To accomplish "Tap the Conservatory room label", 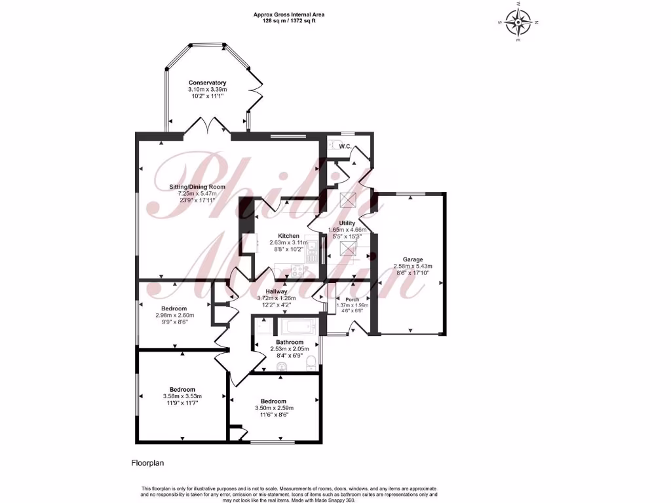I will [x=207, y=83].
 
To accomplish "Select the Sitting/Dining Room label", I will [x=202, y=187].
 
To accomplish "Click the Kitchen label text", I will [x=288, y=236].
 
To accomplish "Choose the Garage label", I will [x=413, y=259].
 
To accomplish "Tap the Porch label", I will [x=353, y=299].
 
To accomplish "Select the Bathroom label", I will [x=289, y=343].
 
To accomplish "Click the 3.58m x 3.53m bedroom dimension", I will [x=182, y=396].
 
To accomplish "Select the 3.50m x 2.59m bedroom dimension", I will [x=273, y=408].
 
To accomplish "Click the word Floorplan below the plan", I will [x=147, y=463].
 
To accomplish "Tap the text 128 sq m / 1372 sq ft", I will [x=290, y=21].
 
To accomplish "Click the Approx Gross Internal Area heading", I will [x=290, y=14].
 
